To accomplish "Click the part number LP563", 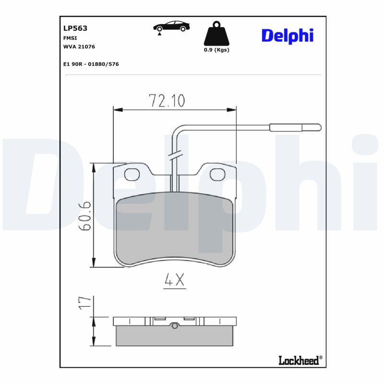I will (x=75, y=28).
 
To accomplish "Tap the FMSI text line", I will (x=70, y=37).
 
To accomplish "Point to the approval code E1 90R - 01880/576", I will (x=91, y=63).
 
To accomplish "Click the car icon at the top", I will (x=170, y=27).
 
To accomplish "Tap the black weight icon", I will (x=216, y=34).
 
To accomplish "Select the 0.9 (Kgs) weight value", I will (x=216, y=50).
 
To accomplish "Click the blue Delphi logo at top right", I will (x=287, y=35).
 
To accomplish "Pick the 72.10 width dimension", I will (x=167, y=101).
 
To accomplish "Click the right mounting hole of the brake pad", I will (x=217, y=175).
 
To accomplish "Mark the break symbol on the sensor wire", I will (x=175, y=156).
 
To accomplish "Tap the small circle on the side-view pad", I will (x=175, y=326).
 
